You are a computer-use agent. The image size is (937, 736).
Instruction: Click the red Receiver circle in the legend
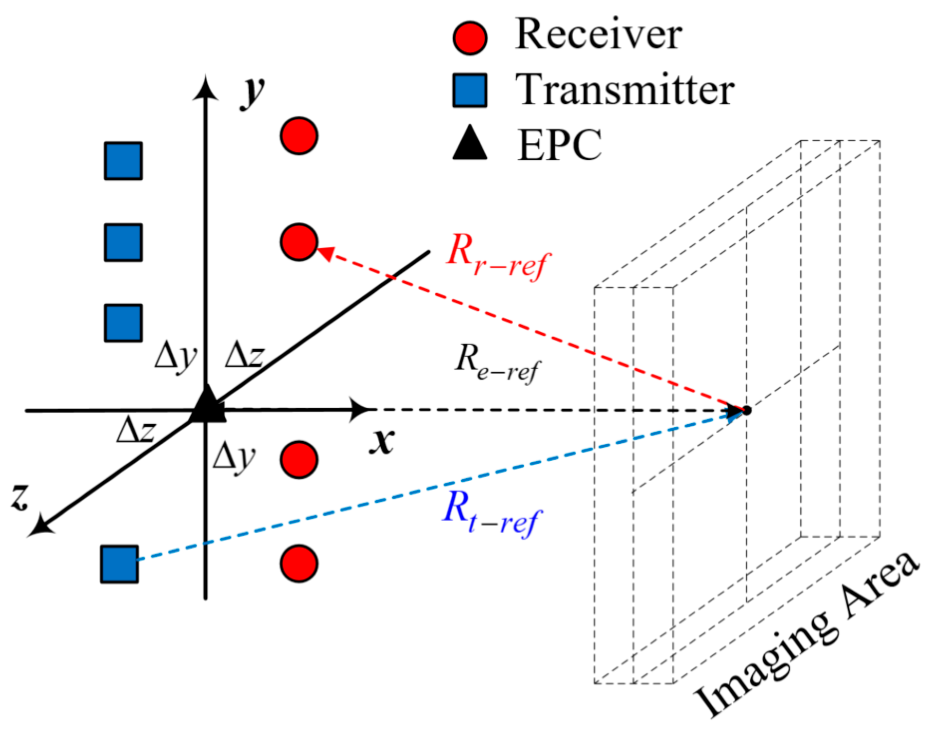point(469,38)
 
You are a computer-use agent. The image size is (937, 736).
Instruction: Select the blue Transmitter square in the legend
point(469,90)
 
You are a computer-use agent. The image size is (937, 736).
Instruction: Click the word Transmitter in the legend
point(624,90)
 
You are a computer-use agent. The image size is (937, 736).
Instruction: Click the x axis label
point(382,441)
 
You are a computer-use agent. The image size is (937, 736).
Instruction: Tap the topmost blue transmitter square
point(123,161)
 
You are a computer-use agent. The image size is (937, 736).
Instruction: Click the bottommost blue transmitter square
point(119,563)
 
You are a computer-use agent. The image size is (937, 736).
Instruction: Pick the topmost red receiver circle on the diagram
point(299,136)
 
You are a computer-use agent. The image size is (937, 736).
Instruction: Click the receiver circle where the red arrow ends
point(299,241)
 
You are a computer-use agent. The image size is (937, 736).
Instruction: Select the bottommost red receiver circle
point(299,563)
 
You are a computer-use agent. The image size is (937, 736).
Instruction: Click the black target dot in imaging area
point(747,410)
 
